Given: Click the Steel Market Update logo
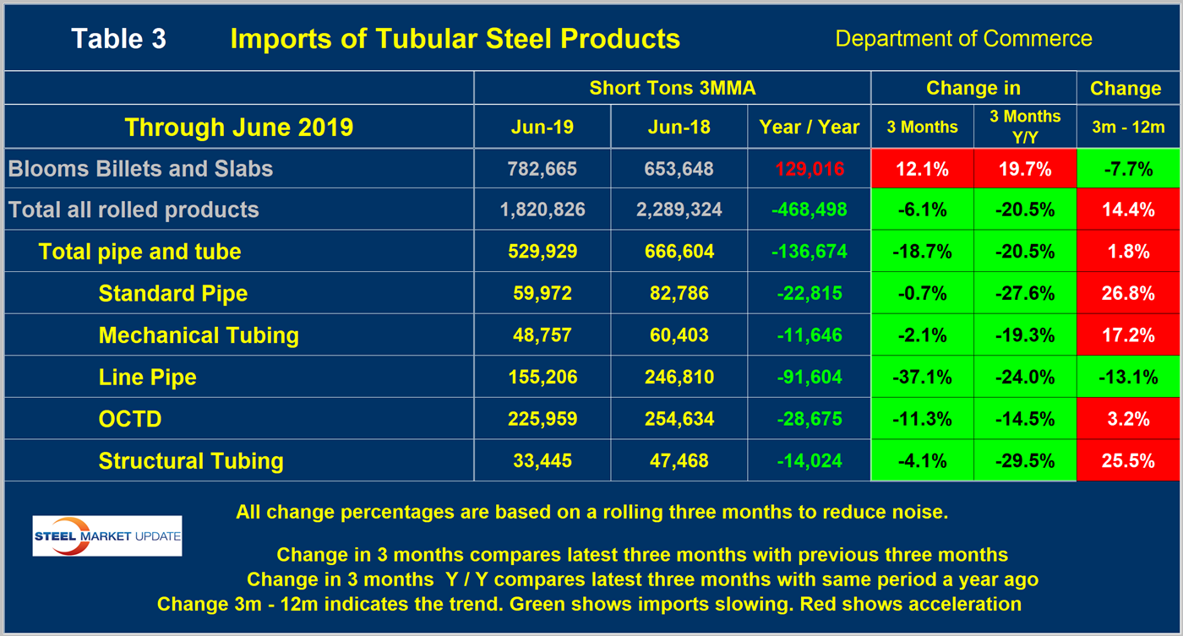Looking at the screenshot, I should (107, 535).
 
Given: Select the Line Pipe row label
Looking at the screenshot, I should (147, 377).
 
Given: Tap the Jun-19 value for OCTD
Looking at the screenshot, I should (542, 419).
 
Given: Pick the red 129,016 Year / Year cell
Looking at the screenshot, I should (809, 168).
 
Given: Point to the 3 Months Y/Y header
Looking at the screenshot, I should (1025, 127).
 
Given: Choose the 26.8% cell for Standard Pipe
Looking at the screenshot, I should (1128, 293).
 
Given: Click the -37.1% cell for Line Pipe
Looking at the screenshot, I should (922, 377).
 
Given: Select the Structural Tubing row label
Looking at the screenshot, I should (191, 460).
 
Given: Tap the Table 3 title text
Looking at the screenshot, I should (118, 38).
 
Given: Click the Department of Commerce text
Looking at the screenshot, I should (963, 38).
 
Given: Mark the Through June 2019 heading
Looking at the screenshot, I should (238, 128).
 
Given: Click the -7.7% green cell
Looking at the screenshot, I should (1128, 168).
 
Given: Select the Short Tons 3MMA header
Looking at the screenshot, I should (672, 88).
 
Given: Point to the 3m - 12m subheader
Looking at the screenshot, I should (1128, 128).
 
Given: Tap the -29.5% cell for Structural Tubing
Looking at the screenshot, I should (1025, 460).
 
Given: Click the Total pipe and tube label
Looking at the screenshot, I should (139, 251).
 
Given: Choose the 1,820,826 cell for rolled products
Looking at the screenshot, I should (542, 209).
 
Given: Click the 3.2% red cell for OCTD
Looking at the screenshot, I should (1128, 419).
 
